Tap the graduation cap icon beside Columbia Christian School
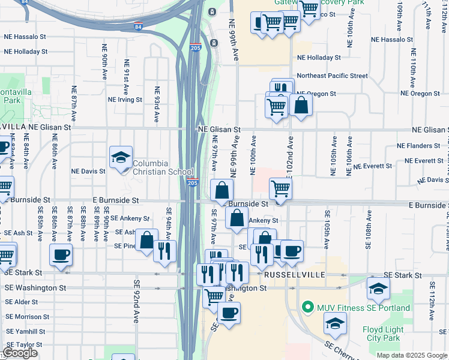(x=121, y=158)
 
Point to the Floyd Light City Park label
(x=382, y=334)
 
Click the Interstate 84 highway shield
(x=139, y=27)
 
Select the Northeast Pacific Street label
(x=332, y=76)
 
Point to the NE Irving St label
(x=125, y=100)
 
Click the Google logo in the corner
(x=20, y=353)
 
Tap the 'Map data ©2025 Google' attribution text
(x=411, y=355)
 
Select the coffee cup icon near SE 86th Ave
(x=61, y=255)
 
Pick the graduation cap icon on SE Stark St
(x=378, y=289)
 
